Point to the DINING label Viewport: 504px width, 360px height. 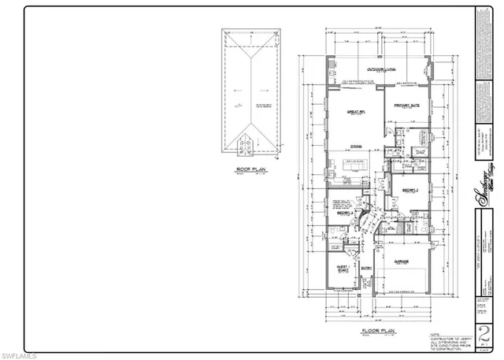pyautogui.click(x=356, y=146)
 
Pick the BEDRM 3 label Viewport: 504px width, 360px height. pyautogui.click(x=343, y=213)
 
